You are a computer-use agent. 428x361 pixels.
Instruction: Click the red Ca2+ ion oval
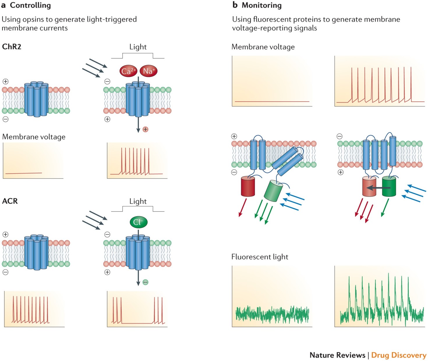pos(128,71)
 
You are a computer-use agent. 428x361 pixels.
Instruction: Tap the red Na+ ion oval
pos(148,71)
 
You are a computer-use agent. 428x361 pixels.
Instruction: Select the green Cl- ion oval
pos(139,222)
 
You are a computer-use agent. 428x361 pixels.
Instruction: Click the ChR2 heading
pos(12,47)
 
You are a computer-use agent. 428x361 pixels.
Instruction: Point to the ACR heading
pos(10,201)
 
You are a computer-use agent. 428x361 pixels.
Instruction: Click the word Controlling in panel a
pos(30,5)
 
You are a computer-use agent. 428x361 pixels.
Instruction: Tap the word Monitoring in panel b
pos(261,5)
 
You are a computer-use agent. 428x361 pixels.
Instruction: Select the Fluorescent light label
pos(260,257)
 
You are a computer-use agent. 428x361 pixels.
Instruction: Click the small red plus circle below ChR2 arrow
pos(146,129)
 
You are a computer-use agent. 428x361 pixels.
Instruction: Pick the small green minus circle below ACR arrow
pos(146,282)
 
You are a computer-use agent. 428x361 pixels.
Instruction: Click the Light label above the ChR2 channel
pos(138,47)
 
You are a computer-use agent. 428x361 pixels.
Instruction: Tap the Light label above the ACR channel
pos(138,201)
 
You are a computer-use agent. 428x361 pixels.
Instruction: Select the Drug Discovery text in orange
pos(399,355)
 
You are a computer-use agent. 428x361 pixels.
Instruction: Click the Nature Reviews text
pos(337,355)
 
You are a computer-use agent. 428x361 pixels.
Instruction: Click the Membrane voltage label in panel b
pos(263,47)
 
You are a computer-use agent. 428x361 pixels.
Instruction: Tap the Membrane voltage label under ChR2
pos(34,137)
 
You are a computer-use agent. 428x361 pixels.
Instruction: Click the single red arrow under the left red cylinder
pos(242,208)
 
